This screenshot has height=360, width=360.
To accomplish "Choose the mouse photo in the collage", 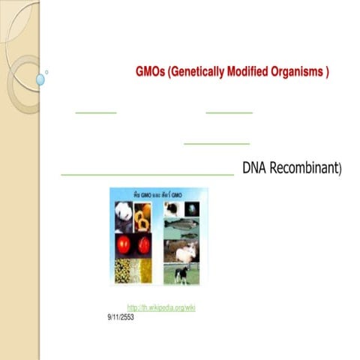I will click(172, 209).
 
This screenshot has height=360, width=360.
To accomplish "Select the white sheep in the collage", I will click(185, 253).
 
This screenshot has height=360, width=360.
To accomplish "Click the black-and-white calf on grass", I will click(181, 274).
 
